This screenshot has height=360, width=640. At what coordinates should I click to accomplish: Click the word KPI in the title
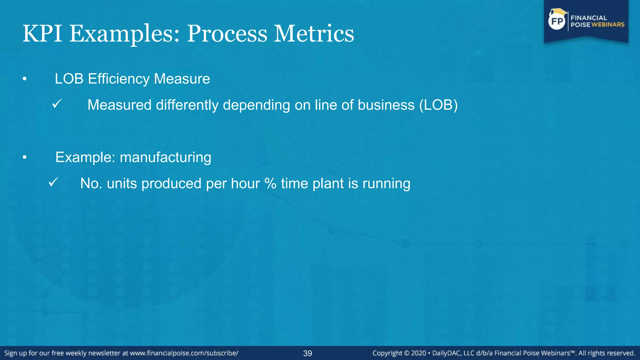click(x=42, y=34)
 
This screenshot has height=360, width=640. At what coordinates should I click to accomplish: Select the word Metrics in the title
click(x=314, y=34)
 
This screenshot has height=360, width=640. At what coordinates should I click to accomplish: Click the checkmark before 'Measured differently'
click(x=57, y=104)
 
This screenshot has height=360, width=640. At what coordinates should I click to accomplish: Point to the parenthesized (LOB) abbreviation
click(x=438, y=105)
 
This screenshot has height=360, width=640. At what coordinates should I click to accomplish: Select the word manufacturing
click(x=165, y=157)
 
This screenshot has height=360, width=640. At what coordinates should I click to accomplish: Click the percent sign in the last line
click(x=270, y=183)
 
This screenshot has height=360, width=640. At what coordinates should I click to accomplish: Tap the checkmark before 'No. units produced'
click(x=53, y=182)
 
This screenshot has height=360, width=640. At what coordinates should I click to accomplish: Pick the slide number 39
click(x=307, y=353)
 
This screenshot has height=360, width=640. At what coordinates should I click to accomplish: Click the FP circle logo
click(x=557, y=21)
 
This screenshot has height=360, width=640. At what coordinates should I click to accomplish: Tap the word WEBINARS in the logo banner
click(x=608, y=25)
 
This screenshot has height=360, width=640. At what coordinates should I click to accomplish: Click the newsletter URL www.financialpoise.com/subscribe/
click(x=184, y=353)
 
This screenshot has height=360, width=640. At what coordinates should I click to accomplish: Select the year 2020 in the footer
click(x=418, y=353)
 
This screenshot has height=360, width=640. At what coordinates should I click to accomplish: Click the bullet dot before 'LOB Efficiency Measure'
click(x=25, y=79)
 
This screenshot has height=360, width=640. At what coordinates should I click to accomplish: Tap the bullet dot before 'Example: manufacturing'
click(x=25, y=158)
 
